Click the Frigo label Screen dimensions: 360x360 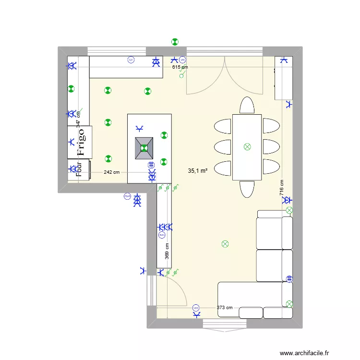click(81, 142)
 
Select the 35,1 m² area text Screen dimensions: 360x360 click(197, 170)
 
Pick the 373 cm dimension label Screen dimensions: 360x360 click(224, 308)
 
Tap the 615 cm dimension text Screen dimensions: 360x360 click(180, 67)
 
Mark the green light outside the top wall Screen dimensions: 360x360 click(174, 42)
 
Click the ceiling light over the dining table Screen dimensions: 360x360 click(247, 147)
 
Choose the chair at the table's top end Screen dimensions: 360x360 click(247, 106)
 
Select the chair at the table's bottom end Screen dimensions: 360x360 click(247, 189)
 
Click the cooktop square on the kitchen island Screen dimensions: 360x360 click(144, 148)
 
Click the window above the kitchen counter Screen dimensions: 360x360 click(117, 51)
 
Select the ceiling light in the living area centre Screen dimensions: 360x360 click(225, 244)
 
